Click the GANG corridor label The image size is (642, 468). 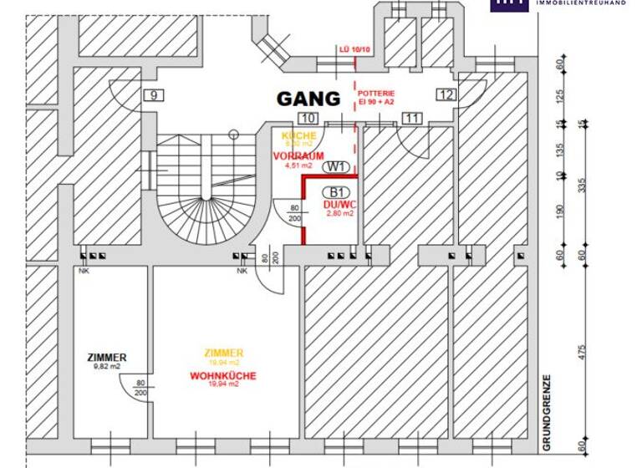[309, 99]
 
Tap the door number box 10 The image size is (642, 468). [308, 119]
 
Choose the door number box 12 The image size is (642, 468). [446, 95]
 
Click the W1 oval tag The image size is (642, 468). [336, 167]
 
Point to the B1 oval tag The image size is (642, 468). [337, 192]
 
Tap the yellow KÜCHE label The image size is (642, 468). [298, 135]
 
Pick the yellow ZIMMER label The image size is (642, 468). [223, 353]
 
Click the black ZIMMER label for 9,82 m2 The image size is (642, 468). [107, 358]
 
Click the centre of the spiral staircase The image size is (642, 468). [203, 201]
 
